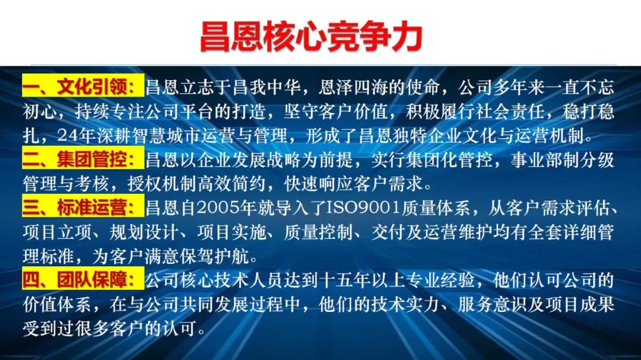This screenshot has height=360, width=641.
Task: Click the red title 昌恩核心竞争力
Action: pyautogui.click(x=311, y=37)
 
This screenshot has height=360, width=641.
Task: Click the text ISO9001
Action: pyautogui.click(x=363, y=208)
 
